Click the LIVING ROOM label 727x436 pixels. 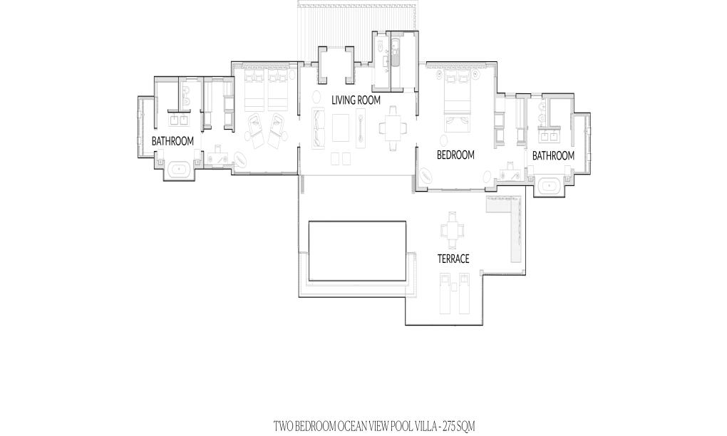point(356,100)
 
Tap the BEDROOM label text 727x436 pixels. point(455,155)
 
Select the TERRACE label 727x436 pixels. point(453,259)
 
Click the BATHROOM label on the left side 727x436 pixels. point(172,141)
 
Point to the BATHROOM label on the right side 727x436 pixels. point(553,156)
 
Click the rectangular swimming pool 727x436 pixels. point(357,251)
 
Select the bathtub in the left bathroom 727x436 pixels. point(180,169)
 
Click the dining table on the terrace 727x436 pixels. point(452,230)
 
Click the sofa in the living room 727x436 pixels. point(318,128)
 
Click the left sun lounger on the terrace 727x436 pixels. point(445,293)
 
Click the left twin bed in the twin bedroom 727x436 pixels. point(254,90)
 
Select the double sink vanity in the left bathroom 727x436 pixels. point(178,120)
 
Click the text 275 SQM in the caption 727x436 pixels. point(459,425)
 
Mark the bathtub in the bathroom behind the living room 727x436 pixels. point(397,55)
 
